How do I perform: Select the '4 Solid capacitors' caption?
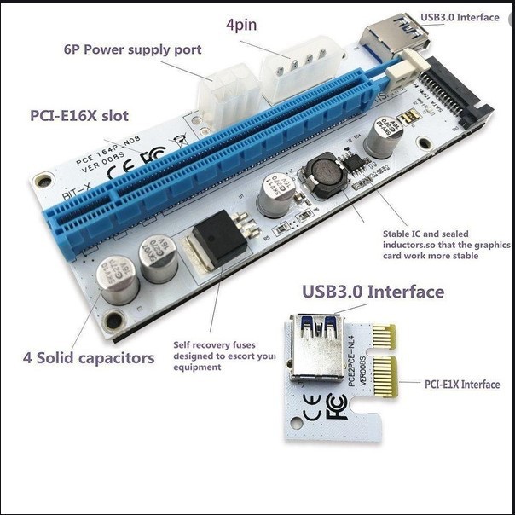[88, 357]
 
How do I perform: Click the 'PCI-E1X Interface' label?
[462, 385]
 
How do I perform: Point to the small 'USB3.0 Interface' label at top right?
[460, 17]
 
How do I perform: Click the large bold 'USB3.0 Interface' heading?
[373, 292]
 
